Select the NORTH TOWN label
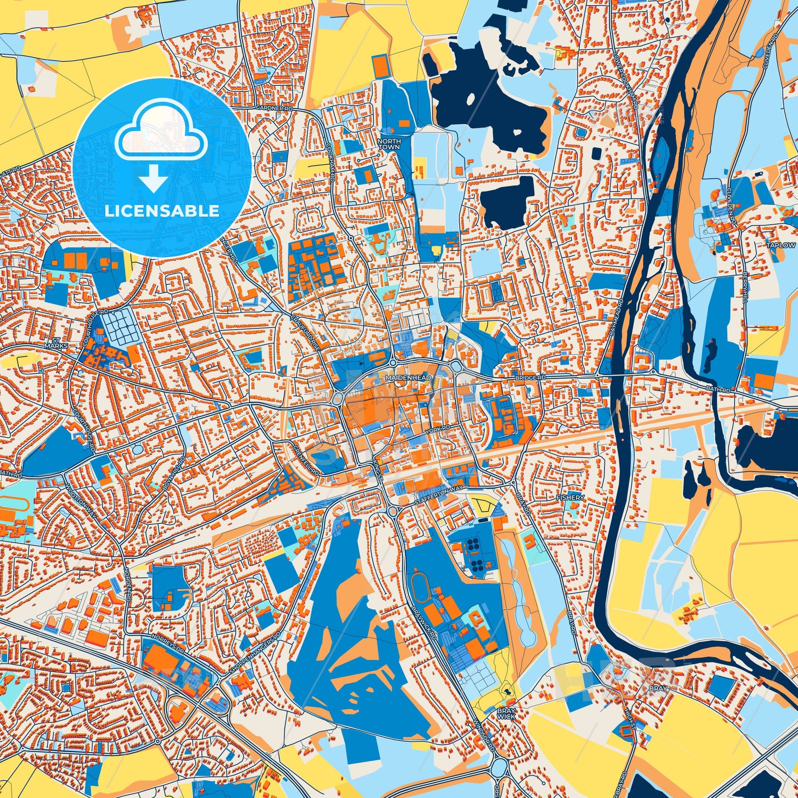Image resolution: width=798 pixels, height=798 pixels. click(389, 144)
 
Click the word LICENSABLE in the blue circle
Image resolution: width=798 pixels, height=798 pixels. click(162, 211)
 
